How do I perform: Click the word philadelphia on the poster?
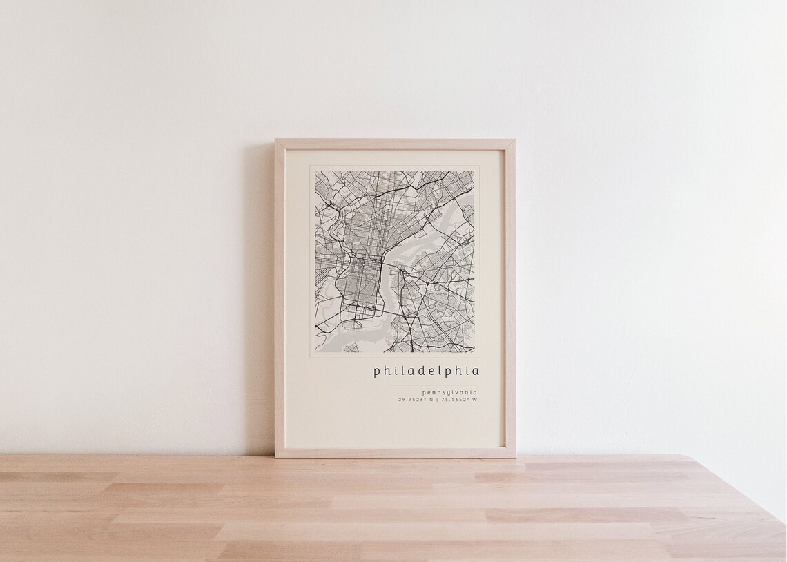[x=426, y=371]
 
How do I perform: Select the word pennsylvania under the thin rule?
[x=449, y=393]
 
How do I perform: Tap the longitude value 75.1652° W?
[x=458, y=400]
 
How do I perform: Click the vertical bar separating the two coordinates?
[x=436, y=400]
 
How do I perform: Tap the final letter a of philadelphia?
[x=475, y=371]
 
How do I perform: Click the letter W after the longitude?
[x=474, y=400]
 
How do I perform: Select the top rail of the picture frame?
[x=395, y=144]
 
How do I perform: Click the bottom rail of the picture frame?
[x=395, y=453]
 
